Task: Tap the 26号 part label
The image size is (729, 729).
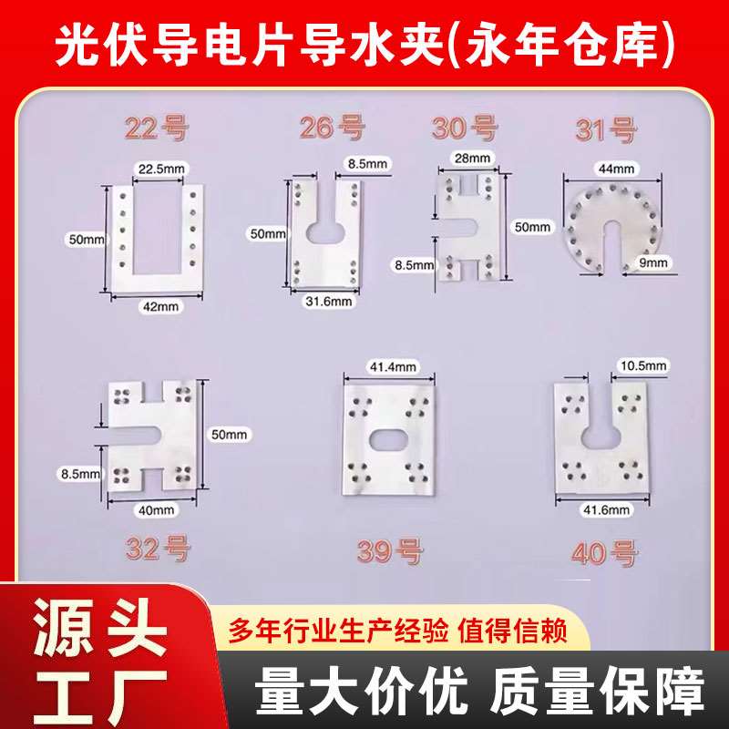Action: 332,128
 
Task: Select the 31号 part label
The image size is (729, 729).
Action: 605,130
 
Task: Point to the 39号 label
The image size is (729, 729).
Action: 390,551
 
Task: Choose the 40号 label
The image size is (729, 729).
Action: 604,554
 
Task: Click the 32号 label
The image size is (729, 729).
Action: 158,549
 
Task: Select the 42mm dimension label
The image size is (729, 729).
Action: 161,306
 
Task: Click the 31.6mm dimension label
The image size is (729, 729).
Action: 329,302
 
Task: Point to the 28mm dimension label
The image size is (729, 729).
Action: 472,158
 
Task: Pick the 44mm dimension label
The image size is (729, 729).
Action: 617,169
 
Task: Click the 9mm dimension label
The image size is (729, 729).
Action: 652,262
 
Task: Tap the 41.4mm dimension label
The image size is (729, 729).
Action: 393,367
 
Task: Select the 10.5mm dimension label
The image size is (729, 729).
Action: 643,365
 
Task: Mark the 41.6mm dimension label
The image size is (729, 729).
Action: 607,509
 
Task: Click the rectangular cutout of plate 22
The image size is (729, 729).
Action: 157,230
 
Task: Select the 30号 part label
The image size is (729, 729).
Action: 465,128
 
